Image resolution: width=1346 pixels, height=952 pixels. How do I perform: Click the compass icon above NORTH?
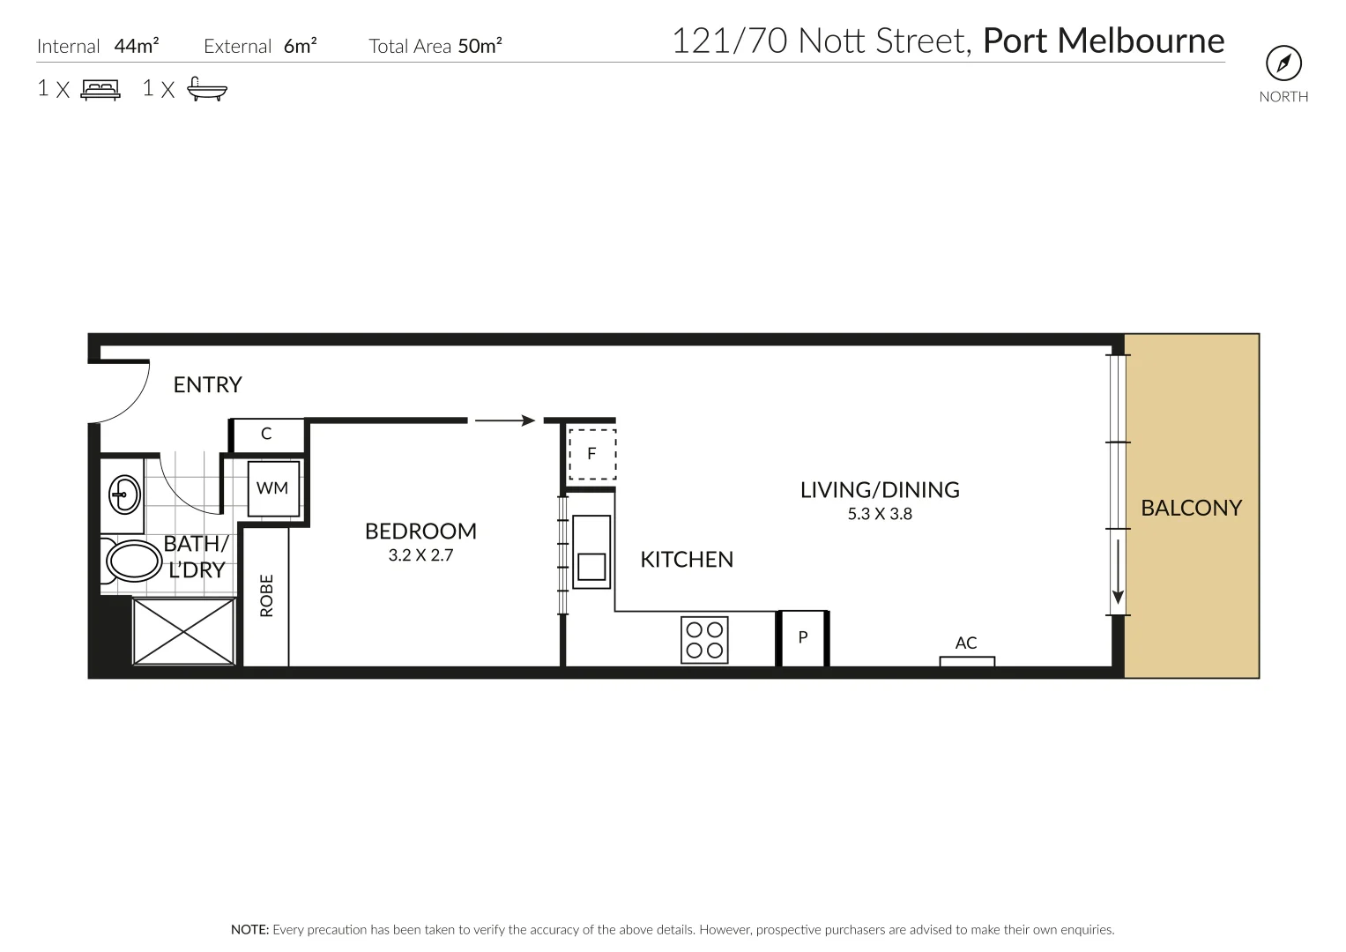click(1283, 63)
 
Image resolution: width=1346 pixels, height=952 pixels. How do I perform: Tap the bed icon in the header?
click(100, 89)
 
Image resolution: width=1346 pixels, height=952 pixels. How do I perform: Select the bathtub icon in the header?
click(207, 89)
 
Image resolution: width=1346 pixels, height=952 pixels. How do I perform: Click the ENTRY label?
click(207, 384)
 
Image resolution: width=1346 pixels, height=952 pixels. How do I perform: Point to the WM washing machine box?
click(272, 488)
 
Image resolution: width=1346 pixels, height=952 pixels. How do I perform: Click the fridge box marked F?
click(591, 454)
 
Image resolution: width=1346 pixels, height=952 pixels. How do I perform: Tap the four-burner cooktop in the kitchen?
click(704, 640)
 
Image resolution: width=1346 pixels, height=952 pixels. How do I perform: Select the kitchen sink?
click(591, 553)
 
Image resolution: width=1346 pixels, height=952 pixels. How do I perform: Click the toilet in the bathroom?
click(131, 561)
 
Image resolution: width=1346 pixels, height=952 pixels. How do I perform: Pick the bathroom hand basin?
click(123, 495)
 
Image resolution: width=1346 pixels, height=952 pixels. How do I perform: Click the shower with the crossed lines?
click(183, 631)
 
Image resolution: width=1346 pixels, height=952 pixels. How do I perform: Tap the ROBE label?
click(266, 596)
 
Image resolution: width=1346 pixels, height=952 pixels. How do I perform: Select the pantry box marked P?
click(803, 637)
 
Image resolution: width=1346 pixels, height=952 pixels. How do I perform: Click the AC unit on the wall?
click(966, 660)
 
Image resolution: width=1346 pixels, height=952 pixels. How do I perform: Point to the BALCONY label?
click(1191, 508)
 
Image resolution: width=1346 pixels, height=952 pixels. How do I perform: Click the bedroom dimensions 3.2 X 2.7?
click(420, 555)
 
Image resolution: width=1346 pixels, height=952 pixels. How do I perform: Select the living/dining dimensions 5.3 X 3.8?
click(880, 514)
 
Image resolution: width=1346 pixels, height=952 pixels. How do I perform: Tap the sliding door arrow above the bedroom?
click(505, 420)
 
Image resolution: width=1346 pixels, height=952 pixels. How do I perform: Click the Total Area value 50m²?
click(480, 46)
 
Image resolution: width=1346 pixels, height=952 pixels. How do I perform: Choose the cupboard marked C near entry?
click(266, 434)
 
